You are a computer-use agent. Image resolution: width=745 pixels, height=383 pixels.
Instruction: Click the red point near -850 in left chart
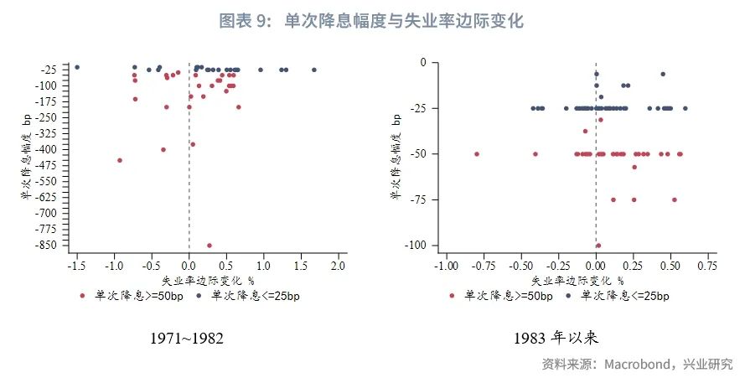pyautogui.click(x=209, y=246)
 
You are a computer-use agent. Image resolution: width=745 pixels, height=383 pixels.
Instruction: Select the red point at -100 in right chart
pyautogui.click(x=598, y=246)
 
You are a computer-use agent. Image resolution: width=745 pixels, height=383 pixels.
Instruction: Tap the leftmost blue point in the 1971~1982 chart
pyautogui.click(x=77, y=67)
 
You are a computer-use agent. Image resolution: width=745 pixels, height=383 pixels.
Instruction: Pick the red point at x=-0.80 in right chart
pyautogui.click(x=477, y=154)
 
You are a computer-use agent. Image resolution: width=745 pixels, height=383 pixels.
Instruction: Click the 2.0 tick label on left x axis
pyautogui.click(x=338, y=267)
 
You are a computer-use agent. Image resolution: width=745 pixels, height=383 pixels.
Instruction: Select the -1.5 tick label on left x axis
pyautogui.click(x=75, y=267)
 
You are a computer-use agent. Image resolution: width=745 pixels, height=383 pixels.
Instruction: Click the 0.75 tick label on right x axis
pyautogui.click(x=706, y=267)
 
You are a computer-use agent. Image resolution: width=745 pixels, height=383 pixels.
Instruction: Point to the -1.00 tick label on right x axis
pyautogui.click(x=446, y=267)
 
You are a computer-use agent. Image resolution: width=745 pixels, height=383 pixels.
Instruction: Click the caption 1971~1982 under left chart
pyautogui.click(x=187, y=339)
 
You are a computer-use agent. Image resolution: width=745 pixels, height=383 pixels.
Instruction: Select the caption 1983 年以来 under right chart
pyautogui.click(x=559, y=339)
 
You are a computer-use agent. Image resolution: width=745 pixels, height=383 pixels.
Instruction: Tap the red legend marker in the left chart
pyautogui.click(x=82, y=295)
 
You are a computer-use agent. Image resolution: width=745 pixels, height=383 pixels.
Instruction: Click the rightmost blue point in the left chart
pyautogui.click(x=314, y=70)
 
